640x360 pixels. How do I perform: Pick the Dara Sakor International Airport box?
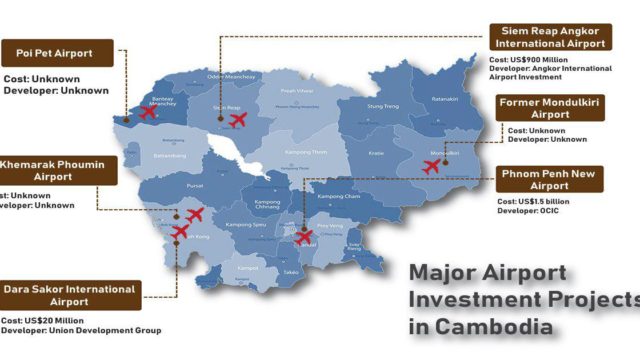pos(70,295)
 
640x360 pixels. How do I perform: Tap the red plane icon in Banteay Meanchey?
pos(148,111)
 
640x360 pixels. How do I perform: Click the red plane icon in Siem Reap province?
pos(238,120)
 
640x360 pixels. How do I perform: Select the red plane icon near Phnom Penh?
pos(302,237)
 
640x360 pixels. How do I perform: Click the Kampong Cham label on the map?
pos(337,197)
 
